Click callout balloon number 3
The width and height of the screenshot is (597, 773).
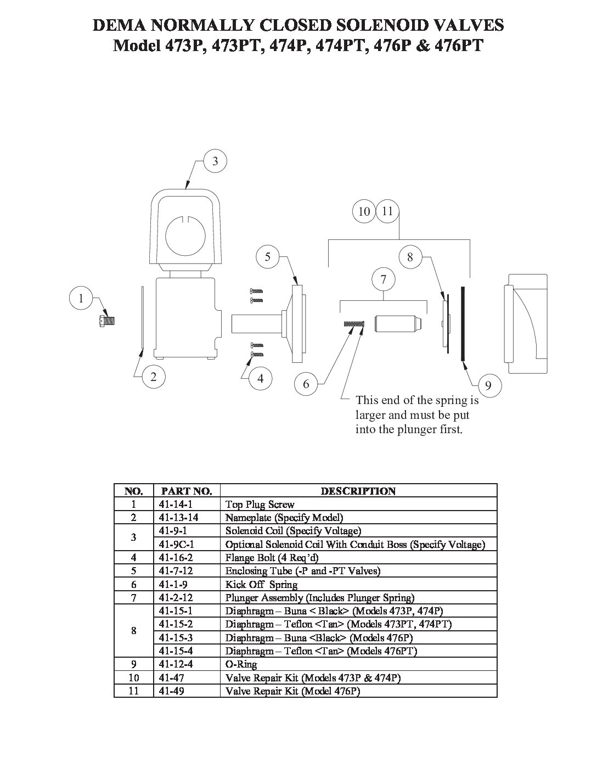tap(215, 161)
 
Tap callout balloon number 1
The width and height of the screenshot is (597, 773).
tap(81, 298)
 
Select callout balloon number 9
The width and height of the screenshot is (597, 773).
tap(488, 385)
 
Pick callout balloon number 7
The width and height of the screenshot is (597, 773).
tap(383, 279)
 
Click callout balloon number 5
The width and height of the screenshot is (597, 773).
tap(268, 257)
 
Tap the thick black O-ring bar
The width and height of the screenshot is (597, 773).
tap(463, 323)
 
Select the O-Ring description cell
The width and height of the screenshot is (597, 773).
tap(241, 664)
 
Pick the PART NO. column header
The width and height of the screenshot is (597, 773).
tap(187, 491)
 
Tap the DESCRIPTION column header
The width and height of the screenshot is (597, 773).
tap(358, 491)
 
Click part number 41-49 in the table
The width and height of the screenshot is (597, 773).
tap(171, 691)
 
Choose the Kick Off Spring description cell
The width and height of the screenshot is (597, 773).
tap(261, 584)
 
